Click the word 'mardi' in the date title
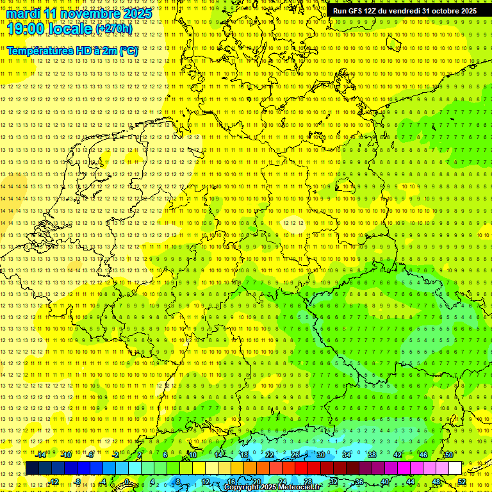pyautogui.click(x=24, y=13)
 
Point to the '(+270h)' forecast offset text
pyautogui.click(x=113, y=29)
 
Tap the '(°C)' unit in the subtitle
pyautogui.click(x=127, y=50)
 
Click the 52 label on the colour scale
pyautogui.click(x=461, y=482)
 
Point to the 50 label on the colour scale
pyautogui.click(x=449, y=455)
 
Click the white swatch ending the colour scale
pyautogui.click(x=455, y=468)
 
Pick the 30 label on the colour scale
pyautogui.click(x=320, y=455)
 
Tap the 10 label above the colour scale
pyautogui.click(x=193, y=455)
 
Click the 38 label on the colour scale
pyautogui.click(x=372, y=455)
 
